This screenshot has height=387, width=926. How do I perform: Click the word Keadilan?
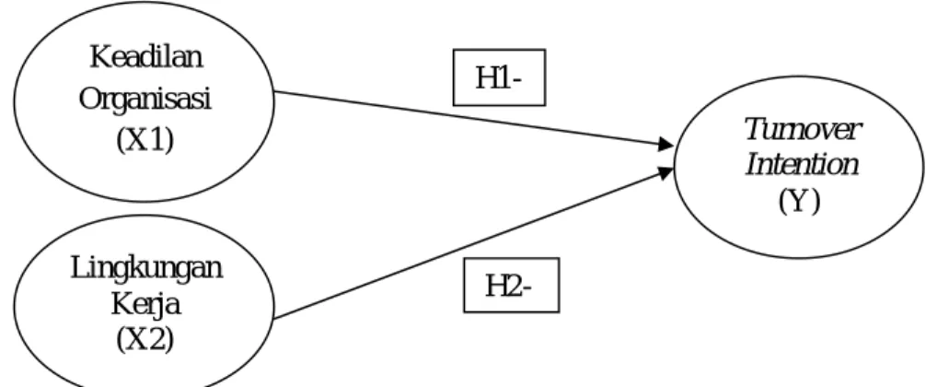point(145,57)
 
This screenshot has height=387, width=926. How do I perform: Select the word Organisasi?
point(145,100)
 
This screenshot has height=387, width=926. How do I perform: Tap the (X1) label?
point(145,141)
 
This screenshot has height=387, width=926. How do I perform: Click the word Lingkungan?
point(146,270)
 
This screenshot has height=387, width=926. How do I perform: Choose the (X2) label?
point(145,340)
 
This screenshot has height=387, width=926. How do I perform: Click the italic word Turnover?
point(803,129)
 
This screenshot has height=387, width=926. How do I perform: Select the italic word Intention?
point(802,164)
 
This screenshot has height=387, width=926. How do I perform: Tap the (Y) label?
point(799,202)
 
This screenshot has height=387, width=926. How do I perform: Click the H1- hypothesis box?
point(499,77)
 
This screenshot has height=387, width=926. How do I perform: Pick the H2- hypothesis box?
point(511,285)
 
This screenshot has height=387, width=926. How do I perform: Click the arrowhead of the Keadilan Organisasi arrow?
point(666,144)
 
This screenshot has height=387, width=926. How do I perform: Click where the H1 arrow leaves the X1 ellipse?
point(274,91)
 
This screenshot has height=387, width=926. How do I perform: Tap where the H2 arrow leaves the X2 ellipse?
point(274,319)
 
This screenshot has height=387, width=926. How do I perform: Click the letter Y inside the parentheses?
point(799,201)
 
